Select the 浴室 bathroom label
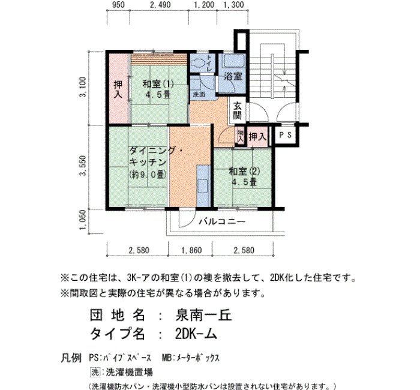point(233,76)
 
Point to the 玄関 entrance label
point(238,110)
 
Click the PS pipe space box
point(286,135)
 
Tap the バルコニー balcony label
point(222,221)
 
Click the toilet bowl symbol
point(197,64)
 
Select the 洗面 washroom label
point(199,95)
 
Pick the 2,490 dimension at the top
point(160,5)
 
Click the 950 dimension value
point(118,5)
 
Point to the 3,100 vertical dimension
point(83,87)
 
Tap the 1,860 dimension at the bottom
point(191,250)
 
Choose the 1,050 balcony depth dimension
point(83,220)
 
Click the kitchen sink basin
point(203,186)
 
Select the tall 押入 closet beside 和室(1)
point(119,89)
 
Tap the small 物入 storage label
point(240,136)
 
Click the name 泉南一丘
point(203,315)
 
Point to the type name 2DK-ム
point(196,334)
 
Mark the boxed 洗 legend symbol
point(95,372)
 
